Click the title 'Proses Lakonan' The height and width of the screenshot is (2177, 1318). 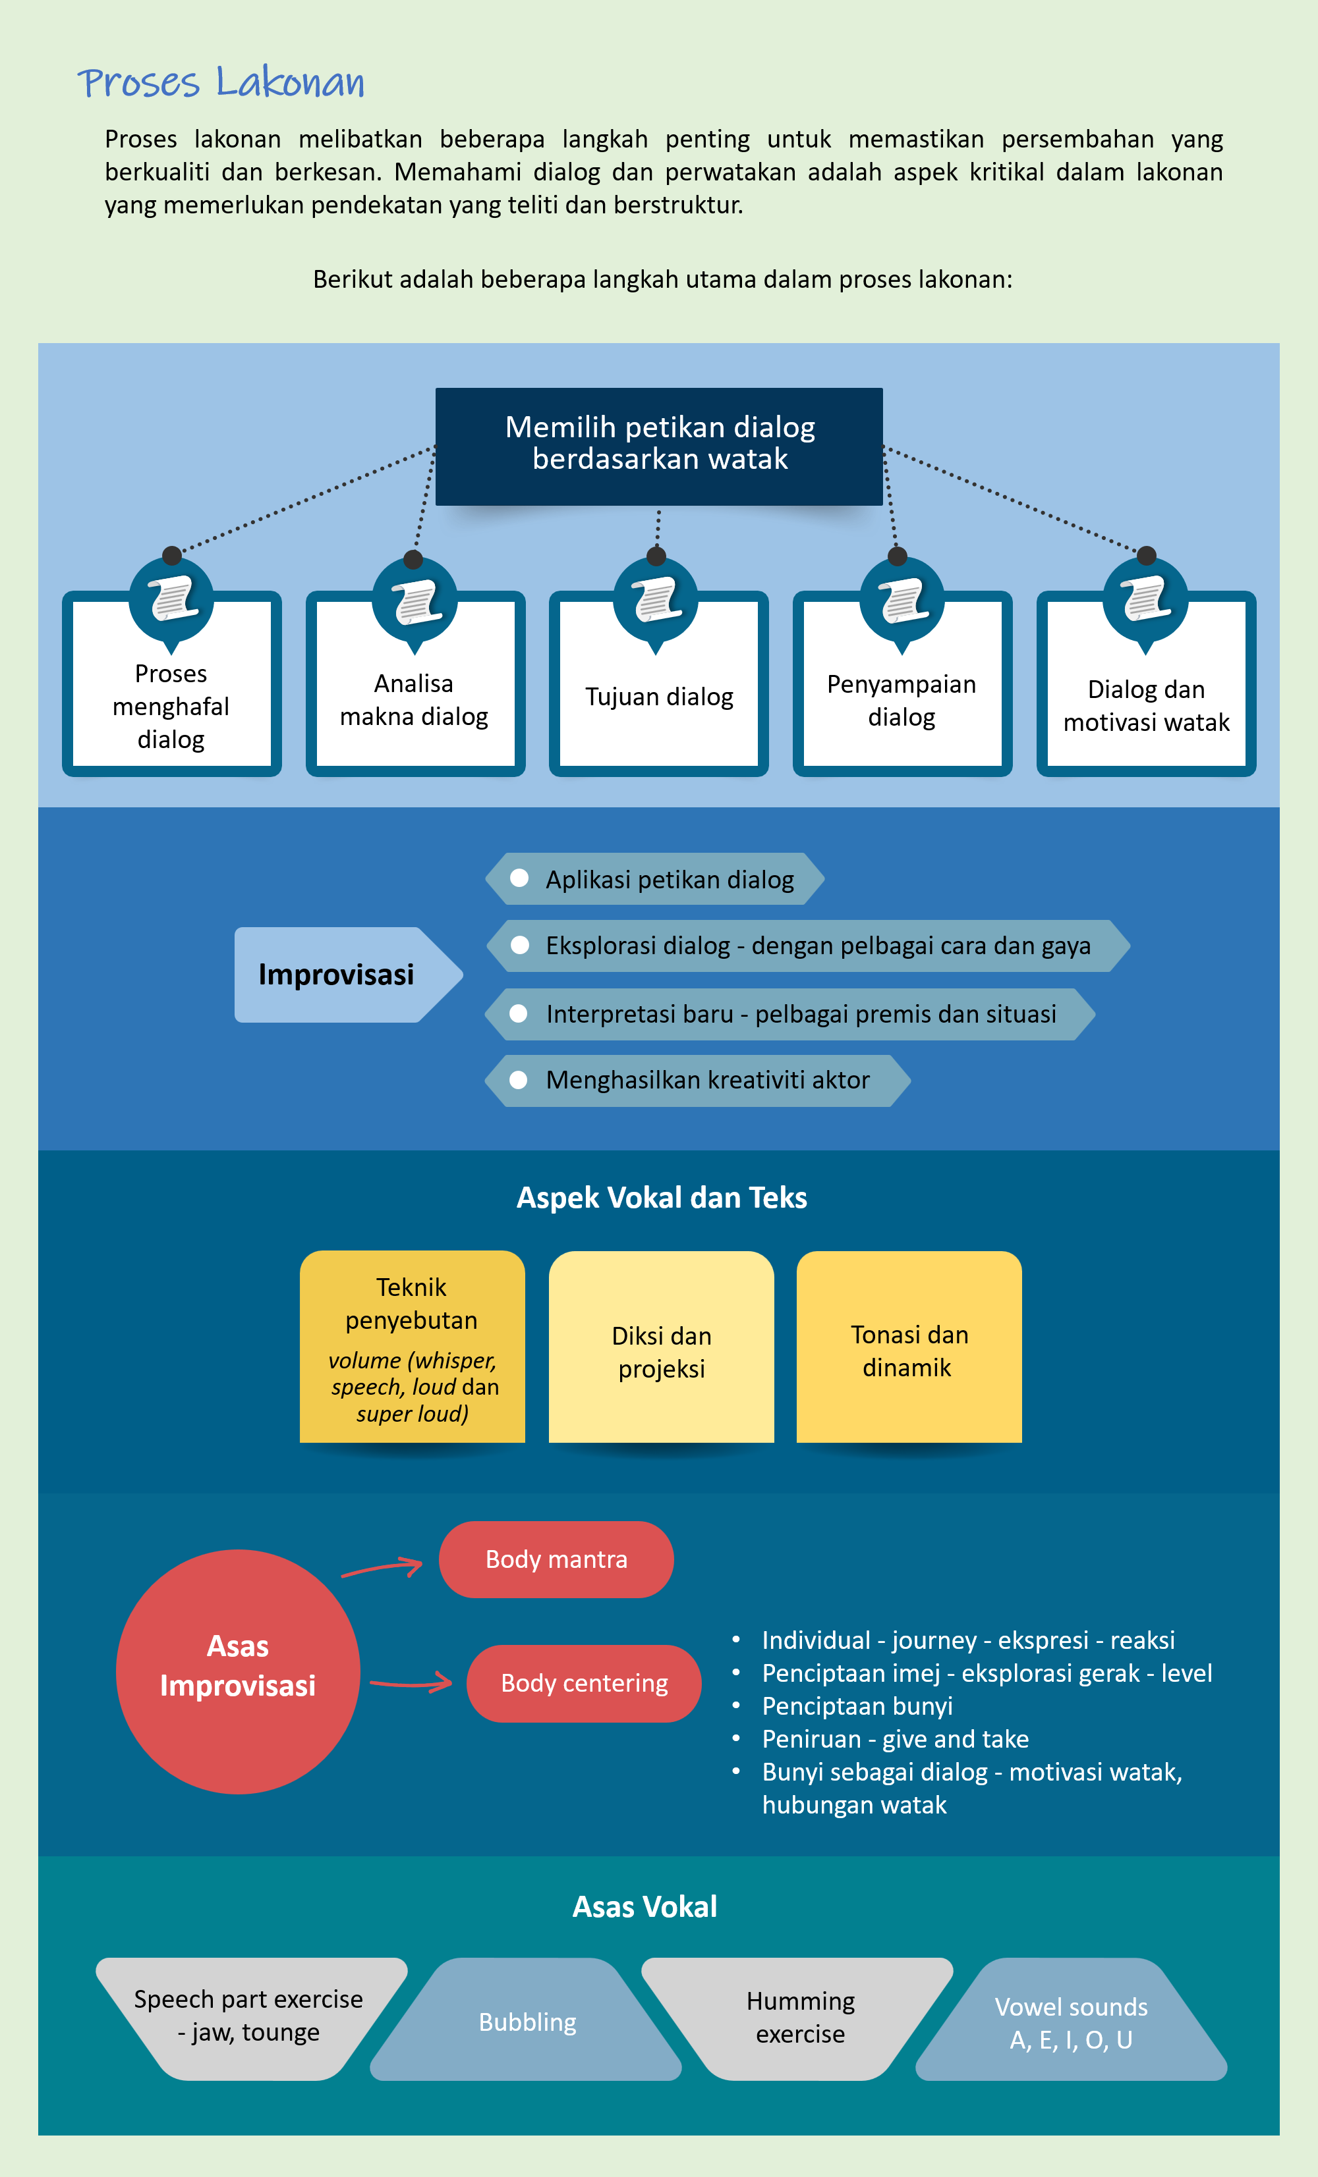point(221,82)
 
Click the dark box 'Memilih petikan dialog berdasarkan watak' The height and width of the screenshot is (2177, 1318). point(660,446)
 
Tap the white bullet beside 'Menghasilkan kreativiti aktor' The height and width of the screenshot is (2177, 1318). point(519,1080)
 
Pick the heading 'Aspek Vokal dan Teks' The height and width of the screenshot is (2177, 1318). point(661,1197)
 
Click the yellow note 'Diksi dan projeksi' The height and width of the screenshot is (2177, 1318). point(661,1347)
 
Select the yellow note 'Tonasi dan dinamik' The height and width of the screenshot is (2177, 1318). point(909,1347)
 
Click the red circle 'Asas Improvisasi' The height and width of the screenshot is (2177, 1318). point(238,1672)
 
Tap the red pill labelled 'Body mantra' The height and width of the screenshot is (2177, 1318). point(556,1559)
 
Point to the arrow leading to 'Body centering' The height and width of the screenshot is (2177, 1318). point(411,1683)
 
